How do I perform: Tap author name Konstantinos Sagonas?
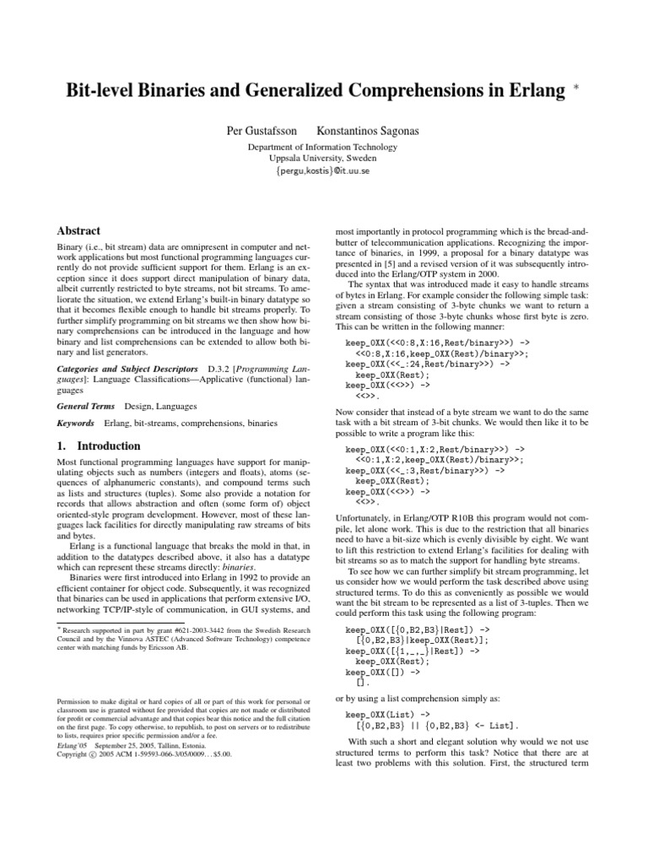pos(369,132)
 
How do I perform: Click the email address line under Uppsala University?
pos(324,171)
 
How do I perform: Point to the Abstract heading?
pos(78,230)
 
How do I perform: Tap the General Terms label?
pos(85,406)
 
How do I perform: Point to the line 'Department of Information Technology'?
pos(324,146)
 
